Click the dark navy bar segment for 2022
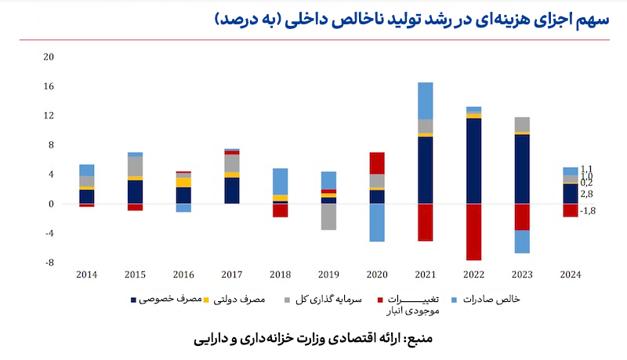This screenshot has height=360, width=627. pos(474,161)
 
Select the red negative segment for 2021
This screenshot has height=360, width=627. pos(426,222)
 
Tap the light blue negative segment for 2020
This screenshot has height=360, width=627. pos(377,223)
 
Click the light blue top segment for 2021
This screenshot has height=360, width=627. pos(426,100)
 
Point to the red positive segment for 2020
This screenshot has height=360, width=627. pos(377,163)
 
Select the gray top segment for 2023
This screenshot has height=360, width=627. pos(523,124)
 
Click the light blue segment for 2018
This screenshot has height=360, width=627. pos(280,181)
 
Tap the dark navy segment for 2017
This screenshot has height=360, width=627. pos(232,191)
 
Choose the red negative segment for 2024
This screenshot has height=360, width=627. pos(571,210)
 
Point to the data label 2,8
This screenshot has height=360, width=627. pos(587,193)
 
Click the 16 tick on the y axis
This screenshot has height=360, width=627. pos(49,86)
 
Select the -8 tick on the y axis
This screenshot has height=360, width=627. pos(49,263)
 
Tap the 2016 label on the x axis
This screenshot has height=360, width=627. pos(183,274)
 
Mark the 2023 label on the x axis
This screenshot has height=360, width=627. pos(523,274)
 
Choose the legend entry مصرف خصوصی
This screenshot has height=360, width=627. pos(166,299)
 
